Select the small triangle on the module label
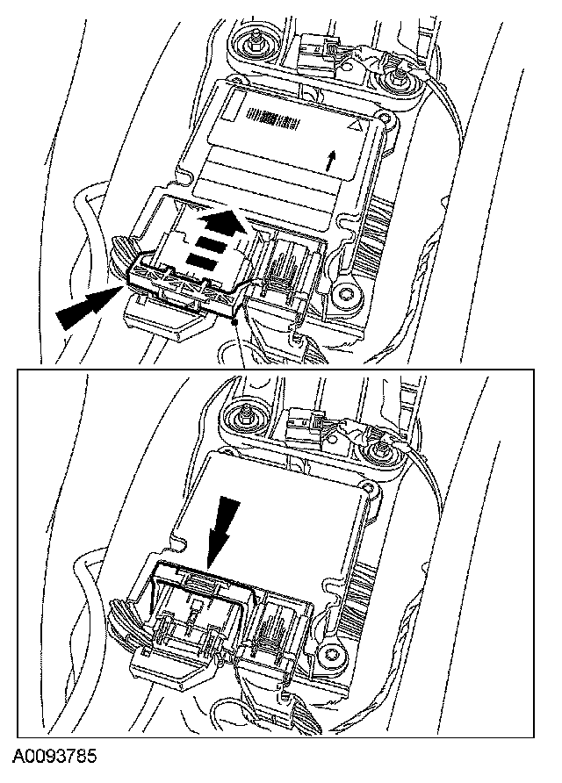coord(355,126)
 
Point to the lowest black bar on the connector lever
coord(202,260)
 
